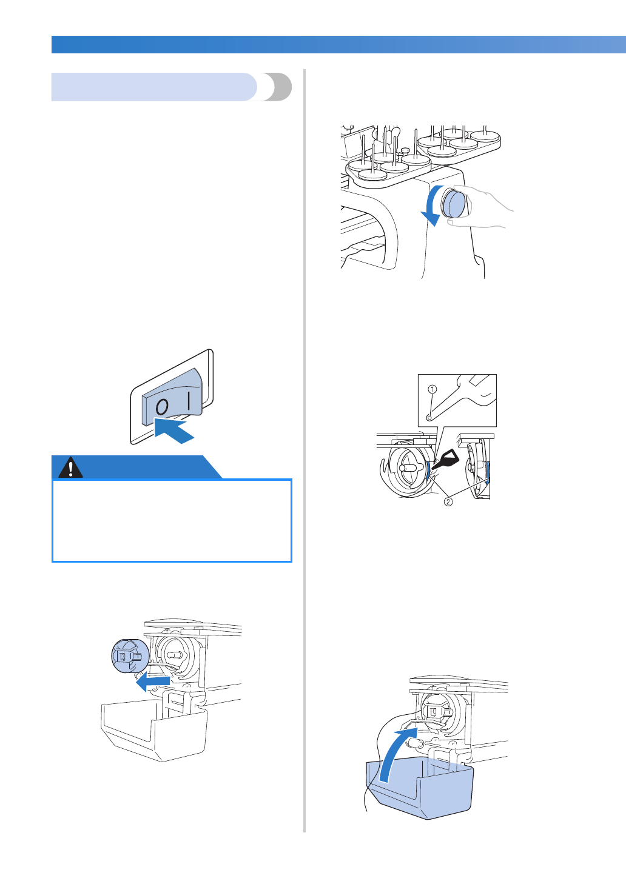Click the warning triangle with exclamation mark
[71, 468]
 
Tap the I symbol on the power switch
[189, 400]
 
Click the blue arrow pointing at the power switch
[174, 432]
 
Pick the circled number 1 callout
[432, 389]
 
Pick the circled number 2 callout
[448, 501]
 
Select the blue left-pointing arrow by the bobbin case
[152, 683]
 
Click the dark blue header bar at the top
[338, 44]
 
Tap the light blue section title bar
[155, 87]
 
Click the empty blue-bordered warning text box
[172, 521]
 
